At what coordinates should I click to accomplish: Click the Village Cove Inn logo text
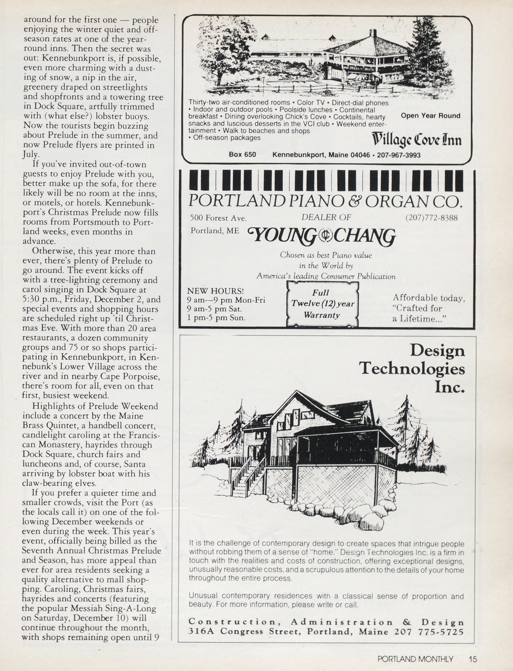click(x=417, y=140)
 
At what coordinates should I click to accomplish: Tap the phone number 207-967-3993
click(x=398, y=155)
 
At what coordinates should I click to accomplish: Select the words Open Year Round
click(x=430, y=116)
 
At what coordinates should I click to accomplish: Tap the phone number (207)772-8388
click(x=431, y=218)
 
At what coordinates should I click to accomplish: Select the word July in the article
click(x=30, y=154)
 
